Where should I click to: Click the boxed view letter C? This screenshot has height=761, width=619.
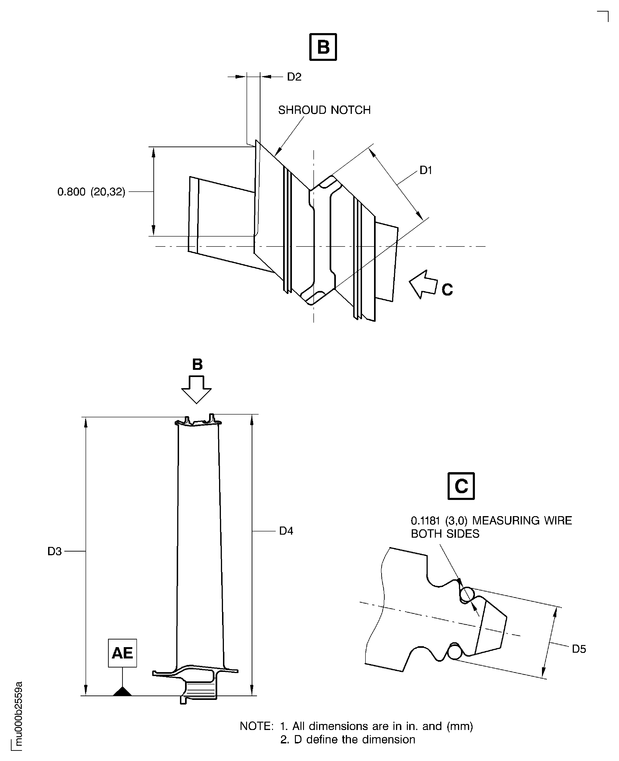[461, 486]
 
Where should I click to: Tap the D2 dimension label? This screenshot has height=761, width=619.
[294, 77]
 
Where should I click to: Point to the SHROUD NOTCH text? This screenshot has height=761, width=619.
[324, 110]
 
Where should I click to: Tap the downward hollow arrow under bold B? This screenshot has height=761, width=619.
[196, 389]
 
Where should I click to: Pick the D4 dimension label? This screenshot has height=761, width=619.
[286, 531]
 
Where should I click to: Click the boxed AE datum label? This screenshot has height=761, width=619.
[122, 653]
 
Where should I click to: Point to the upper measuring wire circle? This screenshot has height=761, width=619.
[467, 594]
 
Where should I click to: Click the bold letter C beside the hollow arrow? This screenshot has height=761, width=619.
[447, 289]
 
